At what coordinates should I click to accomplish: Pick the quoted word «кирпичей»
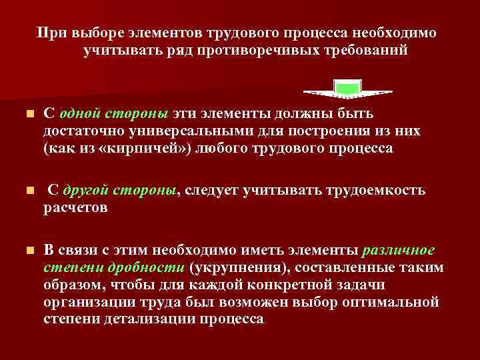coord(148,148)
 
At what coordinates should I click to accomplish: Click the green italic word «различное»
coord(398,250)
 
